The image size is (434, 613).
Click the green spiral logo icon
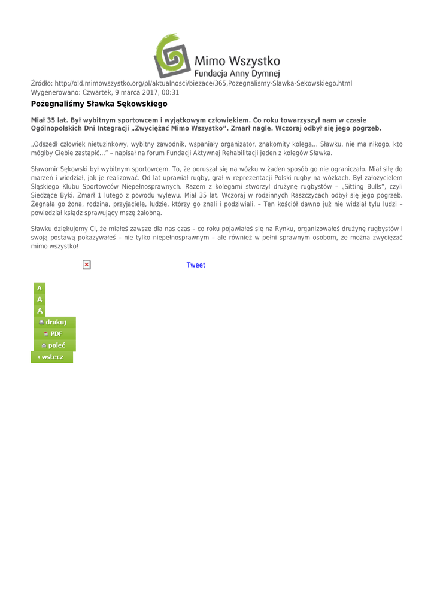point(172,56)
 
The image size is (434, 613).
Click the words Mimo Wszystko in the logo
point(237,60)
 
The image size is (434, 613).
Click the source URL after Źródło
point(209,83)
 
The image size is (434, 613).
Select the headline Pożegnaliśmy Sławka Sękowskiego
point(99,104)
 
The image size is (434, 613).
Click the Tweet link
point(196,265)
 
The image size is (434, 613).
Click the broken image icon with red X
point(87,265)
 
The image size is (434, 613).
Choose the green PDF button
point(54,334)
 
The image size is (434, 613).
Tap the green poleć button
point(54,345)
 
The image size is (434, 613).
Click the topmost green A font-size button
point(40,288)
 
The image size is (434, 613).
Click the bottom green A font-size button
point(40,311)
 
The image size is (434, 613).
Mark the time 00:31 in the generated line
point(171,93)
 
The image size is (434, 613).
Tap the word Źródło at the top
point(41,83)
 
